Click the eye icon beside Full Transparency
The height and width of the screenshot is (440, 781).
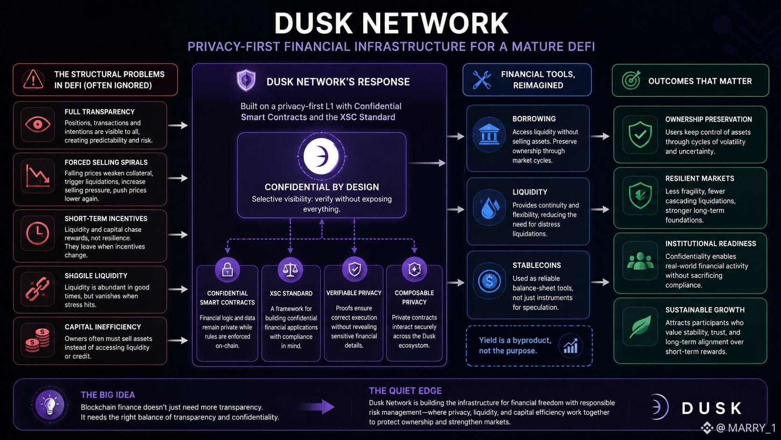tap(38, 124)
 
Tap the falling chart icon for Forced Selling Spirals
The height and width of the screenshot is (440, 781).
tap(38, 175)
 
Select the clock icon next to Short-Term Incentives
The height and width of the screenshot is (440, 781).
tap(38, 233)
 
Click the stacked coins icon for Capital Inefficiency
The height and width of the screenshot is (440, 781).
tap(38, 340)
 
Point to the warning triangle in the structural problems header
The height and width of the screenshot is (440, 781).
tap(33, 79)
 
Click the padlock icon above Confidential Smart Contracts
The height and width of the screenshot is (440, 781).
tap(227, 269)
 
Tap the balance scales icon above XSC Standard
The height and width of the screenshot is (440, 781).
tap(291, 269)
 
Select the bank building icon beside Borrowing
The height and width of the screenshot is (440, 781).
tap(489, 134)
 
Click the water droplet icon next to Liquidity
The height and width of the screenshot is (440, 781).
tap(490, 208)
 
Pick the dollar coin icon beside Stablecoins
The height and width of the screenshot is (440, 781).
tap(489, 281)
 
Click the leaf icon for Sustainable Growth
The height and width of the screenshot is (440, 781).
tap(640, 326)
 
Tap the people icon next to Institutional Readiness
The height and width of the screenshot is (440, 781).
tap(640, 261)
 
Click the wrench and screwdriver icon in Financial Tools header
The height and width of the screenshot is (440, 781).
tap(482, 79)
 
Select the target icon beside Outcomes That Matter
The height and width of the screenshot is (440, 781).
tap(632, 80)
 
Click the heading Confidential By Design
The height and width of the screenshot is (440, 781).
tap(321, 187)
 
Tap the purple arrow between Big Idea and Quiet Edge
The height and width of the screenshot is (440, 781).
tap(317, 406)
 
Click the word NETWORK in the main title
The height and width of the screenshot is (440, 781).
tap(435, 23)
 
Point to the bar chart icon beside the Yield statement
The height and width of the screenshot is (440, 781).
tap(571, 346)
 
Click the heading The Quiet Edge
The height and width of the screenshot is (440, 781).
tap(405, 391)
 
